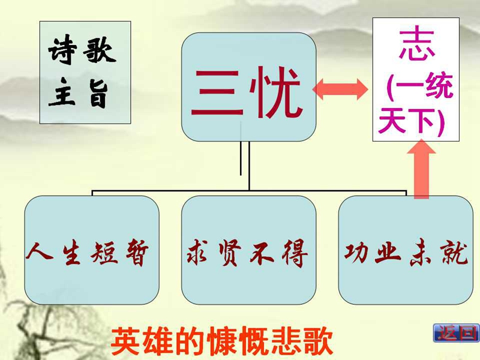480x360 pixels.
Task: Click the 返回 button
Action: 456,333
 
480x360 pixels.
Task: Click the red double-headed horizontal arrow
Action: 340,89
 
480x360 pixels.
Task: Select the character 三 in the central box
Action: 217,93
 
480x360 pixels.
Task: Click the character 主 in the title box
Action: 62,92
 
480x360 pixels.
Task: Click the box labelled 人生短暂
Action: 92,250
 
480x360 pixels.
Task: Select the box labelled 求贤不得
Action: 249,250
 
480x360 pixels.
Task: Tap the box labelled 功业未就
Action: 406,250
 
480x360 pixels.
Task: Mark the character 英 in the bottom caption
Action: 125,341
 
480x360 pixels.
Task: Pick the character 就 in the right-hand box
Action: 454,253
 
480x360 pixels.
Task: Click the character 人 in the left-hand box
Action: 40,254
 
